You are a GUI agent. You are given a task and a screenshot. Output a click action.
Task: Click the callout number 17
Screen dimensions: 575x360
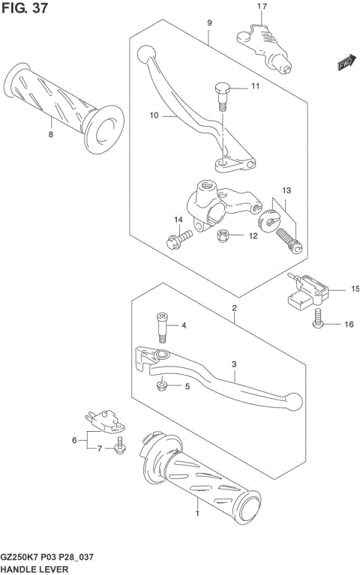coord(262,7)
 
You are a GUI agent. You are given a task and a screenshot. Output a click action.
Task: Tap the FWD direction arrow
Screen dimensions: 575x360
coord(345,64)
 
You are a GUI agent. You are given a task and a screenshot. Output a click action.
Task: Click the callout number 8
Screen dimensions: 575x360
coord(51,135)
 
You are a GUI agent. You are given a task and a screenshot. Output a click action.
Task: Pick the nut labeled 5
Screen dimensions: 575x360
coord(162,386)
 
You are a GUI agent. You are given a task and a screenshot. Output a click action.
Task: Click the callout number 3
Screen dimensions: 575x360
coord(234,365)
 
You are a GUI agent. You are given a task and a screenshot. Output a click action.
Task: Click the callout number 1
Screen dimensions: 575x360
coord(197,515)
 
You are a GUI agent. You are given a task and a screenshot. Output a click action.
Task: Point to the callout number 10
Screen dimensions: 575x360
coord(154,115)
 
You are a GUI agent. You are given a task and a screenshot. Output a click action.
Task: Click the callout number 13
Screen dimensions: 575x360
coord(286,190)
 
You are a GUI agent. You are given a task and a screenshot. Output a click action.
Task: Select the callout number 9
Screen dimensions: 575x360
coord(210,23)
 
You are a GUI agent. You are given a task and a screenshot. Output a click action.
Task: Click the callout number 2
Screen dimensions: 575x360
coord(234,308)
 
